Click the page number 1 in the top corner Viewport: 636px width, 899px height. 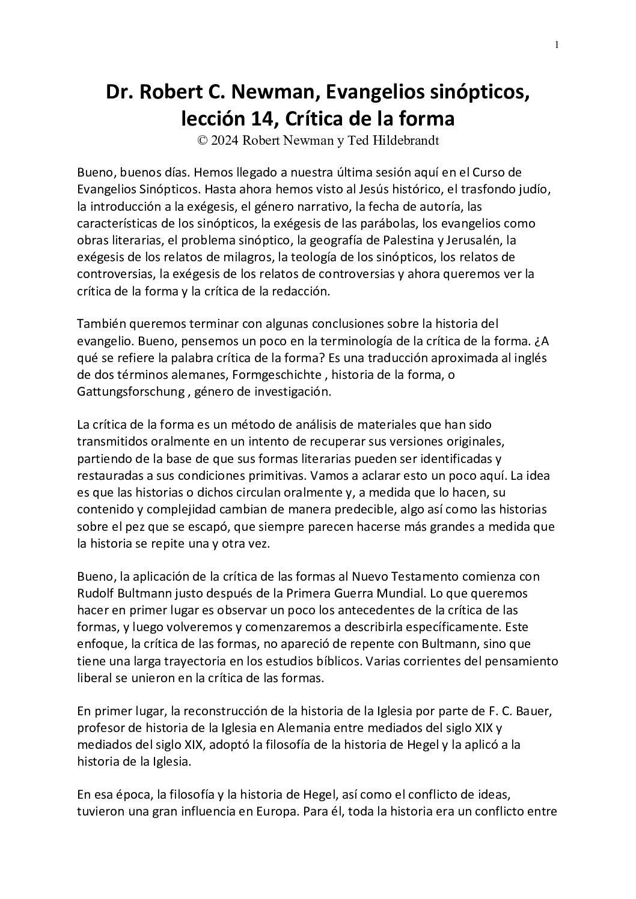coord(557,44)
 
